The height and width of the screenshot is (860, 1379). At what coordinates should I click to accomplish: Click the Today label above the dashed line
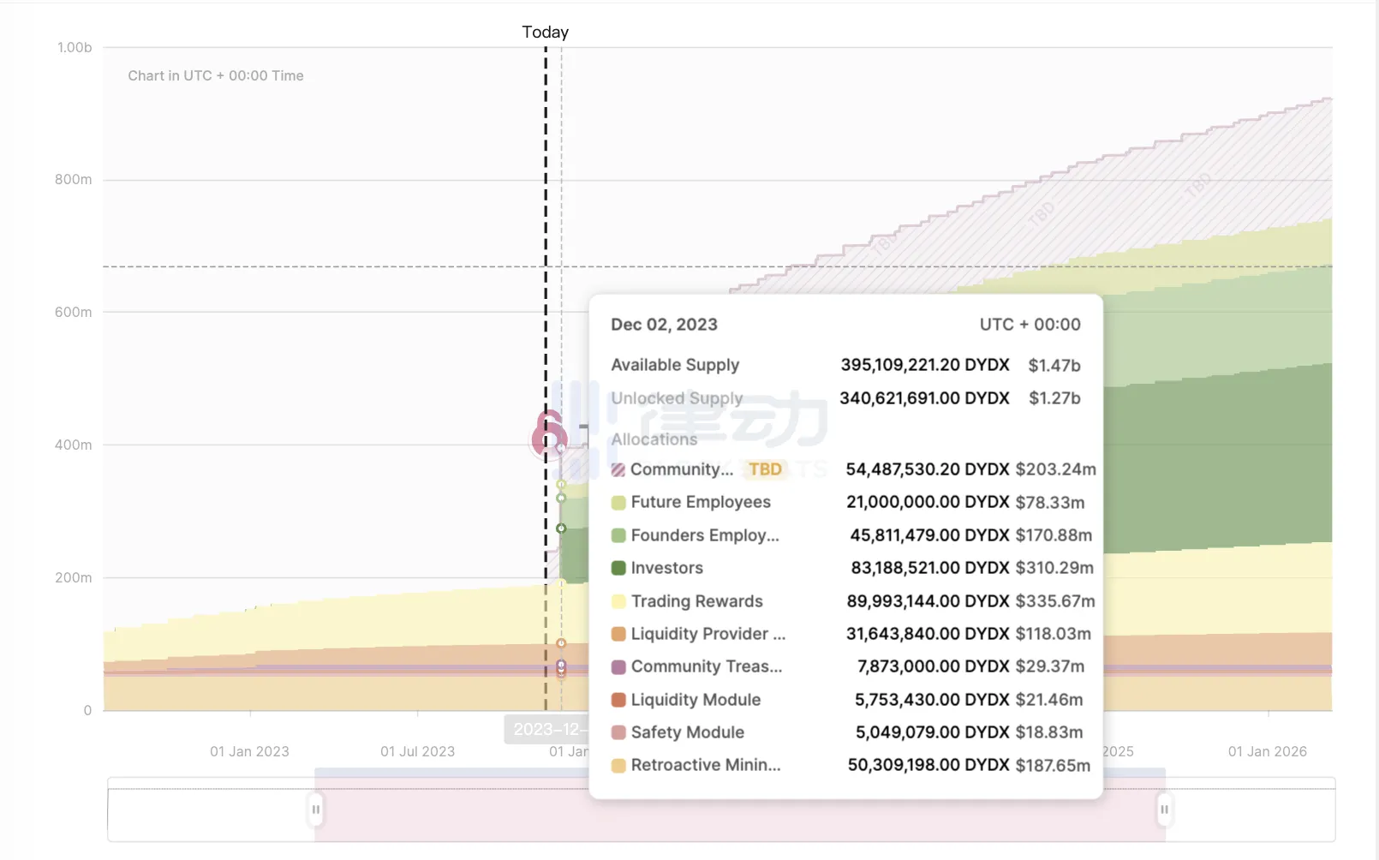545,33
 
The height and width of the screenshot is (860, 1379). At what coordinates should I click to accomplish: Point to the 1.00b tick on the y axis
75,48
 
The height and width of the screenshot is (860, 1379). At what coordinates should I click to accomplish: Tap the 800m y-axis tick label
74,180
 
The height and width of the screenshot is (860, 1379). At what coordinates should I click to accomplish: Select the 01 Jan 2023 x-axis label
249,751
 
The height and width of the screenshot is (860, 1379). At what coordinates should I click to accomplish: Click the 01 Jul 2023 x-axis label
417,751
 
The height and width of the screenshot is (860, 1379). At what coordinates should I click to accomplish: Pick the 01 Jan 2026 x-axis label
1267,751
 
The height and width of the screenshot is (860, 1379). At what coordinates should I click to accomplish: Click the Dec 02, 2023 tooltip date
664,325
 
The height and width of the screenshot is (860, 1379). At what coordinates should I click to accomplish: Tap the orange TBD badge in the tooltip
765,469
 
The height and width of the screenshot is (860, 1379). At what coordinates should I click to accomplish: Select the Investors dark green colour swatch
618,568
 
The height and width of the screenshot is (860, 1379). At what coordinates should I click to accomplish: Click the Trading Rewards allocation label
696,601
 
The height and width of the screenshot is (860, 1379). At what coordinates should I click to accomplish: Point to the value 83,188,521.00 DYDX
929,568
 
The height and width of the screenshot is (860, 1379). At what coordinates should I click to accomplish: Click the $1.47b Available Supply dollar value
1054,366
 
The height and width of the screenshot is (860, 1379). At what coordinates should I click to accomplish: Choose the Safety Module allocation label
687,732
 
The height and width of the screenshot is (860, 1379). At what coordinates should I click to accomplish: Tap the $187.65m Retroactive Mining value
1053,766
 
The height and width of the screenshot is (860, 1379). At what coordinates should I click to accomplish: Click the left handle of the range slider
316,809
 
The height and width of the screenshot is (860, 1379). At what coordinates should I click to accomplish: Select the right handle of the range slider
1164,809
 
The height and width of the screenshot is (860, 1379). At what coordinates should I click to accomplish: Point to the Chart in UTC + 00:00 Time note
216,76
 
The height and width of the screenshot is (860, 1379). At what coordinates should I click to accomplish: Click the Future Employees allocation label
701,502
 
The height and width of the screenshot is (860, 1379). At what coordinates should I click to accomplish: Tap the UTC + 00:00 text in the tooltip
1030,325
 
